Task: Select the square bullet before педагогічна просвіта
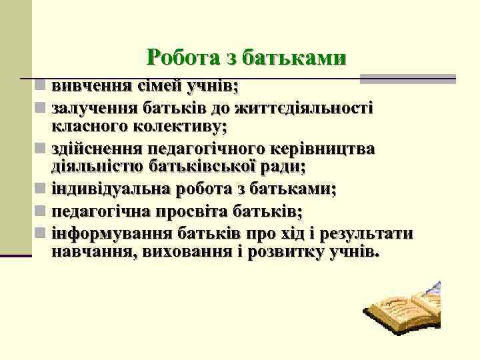41,211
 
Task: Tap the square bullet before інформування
41,233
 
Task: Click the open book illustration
400,312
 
